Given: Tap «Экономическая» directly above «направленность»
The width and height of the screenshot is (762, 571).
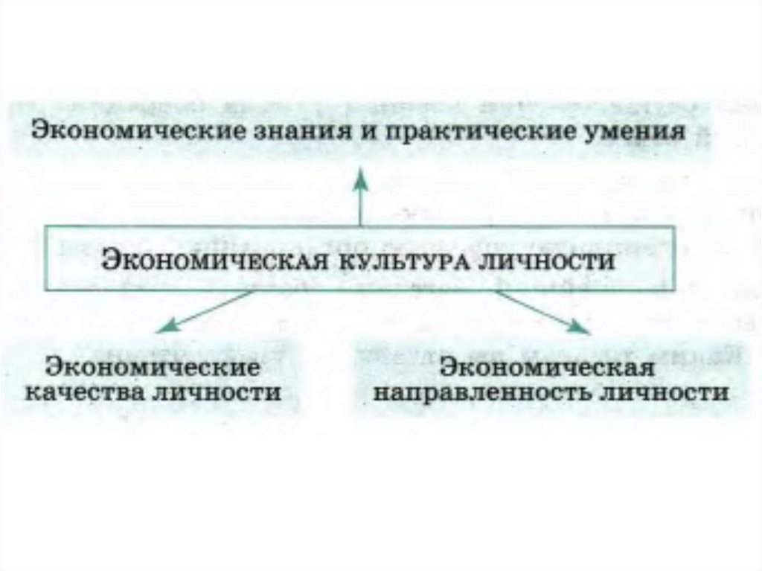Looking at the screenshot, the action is click(548, 369).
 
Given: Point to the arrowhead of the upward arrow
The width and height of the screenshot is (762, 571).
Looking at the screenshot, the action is click(361, 176).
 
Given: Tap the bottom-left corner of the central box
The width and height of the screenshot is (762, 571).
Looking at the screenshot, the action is click(50, 290).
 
